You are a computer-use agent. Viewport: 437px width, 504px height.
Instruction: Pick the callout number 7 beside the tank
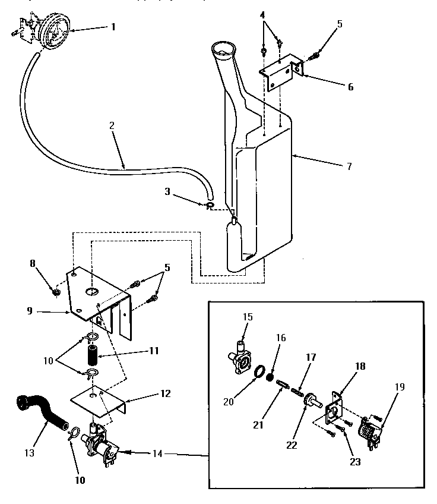click(350, 166)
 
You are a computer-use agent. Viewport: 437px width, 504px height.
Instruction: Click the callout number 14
click(155, 453)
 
